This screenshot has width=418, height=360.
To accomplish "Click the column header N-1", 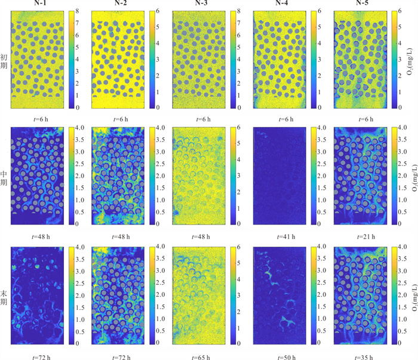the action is click(x=40, y=3).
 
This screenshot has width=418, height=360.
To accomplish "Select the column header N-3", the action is click(x=201, y=3).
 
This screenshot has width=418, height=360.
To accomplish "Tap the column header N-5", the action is click(x=362, y=3).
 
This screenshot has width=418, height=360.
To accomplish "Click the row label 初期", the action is click(x=4, y=61).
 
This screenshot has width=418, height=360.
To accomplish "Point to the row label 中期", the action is click(x=4, y=179).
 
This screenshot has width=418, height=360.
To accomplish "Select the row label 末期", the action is click(x=4, y=298).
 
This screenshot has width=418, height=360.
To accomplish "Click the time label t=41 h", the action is click(x=286, y=236).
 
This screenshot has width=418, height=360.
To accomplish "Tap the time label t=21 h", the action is click(x=366, y=236).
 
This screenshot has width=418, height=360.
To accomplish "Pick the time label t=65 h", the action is click(x=201, y=357).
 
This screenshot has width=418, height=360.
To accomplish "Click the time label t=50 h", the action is click(x=286, y=357).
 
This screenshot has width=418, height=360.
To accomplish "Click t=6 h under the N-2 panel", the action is click(x=121, y=119).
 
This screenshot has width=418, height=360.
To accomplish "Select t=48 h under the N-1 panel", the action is click(x=41, y=236).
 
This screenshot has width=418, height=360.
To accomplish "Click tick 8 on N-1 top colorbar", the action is click(x=77, y=11).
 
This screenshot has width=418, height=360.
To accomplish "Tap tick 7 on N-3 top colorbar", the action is click(x=239, y=23).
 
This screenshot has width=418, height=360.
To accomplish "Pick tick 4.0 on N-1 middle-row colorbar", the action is click(x=79, y=128).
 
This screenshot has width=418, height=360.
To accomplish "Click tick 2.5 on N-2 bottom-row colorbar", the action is click(x=160, y=282).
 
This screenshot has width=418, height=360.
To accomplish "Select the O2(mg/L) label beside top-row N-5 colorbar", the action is click(x=410, y=61).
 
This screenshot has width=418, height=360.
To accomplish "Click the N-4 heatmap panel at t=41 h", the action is click(x=279, y=176).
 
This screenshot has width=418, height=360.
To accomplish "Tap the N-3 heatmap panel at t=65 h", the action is click(x=199, y=296).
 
